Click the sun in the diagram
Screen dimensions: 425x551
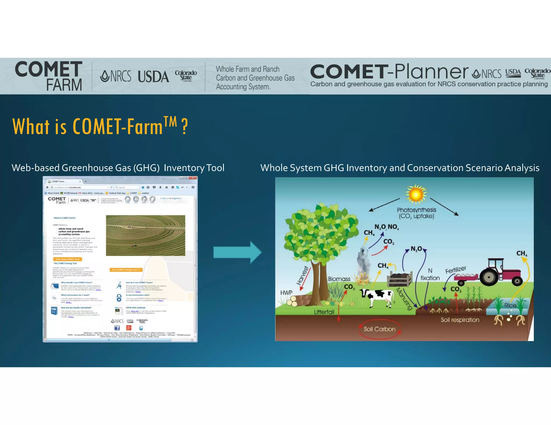(x=416, y=194)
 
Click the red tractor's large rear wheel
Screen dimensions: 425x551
(x=489, y=277)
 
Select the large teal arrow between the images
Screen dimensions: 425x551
(x=237, y=252)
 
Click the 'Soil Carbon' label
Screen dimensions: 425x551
(x=379, y=329)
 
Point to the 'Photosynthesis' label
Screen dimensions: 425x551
(x=416, y=210)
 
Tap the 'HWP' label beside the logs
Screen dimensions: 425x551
(x=286, y=293)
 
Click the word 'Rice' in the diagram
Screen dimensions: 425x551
(x=510, y=305)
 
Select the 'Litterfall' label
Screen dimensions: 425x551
(x=324, y=312)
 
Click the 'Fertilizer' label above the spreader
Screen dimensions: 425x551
(x=455, y=269)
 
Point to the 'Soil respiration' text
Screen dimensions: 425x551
(x=460, y=320)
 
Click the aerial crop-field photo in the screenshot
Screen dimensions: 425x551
(x=145, y=235)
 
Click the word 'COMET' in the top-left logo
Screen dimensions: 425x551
(x=49, y=69)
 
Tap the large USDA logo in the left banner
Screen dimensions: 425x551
(x=153, y=77)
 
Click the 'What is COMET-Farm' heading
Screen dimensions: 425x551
(x=100, y=126)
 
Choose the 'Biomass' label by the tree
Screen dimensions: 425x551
(x=339, y=279)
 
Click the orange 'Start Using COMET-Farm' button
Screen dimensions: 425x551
(x=68, y=259)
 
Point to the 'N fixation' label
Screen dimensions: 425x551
(x=430, y=274)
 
